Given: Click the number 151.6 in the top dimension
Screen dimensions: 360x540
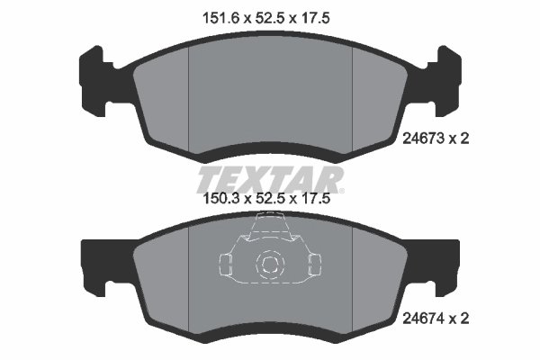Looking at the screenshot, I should coord(211,15).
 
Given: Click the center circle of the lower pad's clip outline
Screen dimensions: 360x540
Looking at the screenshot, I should coord(269,264).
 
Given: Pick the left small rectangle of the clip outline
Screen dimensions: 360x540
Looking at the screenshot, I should coord(226,263).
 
